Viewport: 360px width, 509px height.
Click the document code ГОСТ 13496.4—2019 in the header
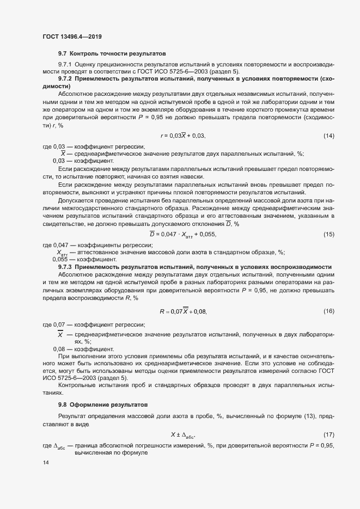pyautogui.click(x=72, y=36)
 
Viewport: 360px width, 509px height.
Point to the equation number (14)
pyautogui.click(x=328, y=136)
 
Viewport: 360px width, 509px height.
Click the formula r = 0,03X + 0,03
pyautogui.click(x=182, y=136)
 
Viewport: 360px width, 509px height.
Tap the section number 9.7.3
pyautogui.click(x=65, y=267)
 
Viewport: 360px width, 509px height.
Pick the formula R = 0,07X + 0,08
pyautogui.click(x=183, y=311)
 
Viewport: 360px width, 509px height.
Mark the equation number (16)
pyautogui.click(x=328, y=311)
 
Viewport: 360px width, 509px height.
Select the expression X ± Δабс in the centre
pyautogui.click(x=183, y=434)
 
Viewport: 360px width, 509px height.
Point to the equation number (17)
pyautogui.click(x=328, y=434)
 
